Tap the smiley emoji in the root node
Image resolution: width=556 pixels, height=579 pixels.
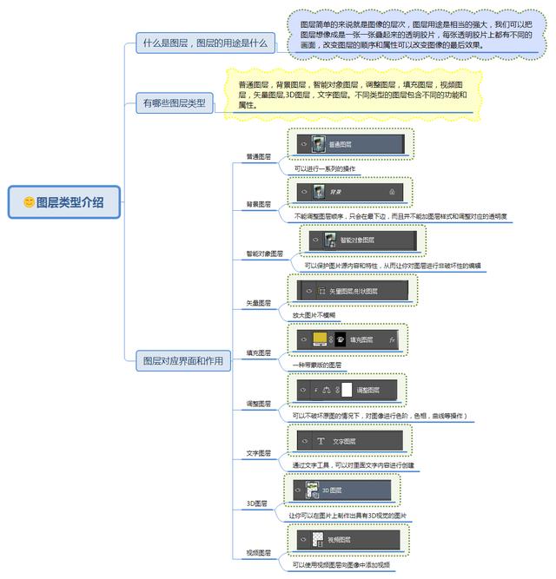pos(29,202)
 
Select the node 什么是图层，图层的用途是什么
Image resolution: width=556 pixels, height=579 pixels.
pos(206,43)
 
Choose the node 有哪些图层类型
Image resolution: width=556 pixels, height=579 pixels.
pos(174,103)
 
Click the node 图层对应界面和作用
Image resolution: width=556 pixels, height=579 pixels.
pos(182,360)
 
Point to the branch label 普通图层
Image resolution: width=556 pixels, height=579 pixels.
pos(258,157)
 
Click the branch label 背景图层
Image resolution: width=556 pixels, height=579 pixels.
pos(258,205)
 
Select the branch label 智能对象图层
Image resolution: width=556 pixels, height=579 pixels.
pos(264,254)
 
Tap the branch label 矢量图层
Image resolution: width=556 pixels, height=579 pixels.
pos(258,304)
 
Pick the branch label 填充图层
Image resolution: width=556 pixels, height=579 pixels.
pos(258,353)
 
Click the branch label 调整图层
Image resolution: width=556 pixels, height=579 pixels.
pos(258,404)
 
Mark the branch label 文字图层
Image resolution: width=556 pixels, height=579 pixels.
pos(258,453)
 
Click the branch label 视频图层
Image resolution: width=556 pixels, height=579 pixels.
pos(258,552)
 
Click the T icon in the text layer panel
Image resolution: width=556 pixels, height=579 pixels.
pos(321,441)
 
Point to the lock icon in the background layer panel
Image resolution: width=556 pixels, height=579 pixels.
pos(392,191)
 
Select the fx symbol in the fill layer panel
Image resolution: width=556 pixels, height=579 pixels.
pos(393,340)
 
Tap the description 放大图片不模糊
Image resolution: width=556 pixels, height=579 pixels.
pos(314,314)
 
